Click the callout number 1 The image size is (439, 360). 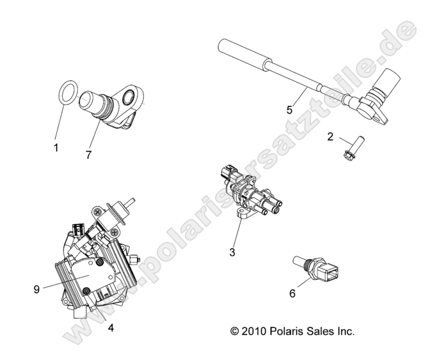click(56, 148)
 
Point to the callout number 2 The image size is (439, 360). click(330, 136)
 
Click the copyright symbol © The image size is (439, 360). click(234, 331)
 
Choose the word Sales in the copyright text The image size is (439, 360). click(319, 331)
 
